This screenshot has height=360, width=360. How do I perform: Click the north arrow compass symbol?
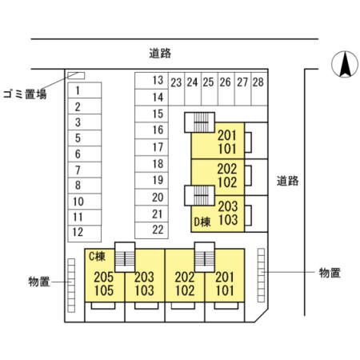click(x=345, y=65)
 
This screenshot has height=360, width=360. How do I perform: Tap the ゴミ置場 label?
click(x=24, y=94)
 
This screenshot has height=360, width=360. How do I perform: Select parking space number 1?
click(x=78, y=90)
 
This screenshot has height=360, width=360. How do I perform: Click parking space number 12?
click(x=78, y=232)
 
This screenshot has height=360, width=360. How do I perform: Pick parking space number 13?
click(x=158, y=81)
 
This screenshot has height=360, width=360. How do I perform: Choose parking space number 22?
click(x=158, y=229)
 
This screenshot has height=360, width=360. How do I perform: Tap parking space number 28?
click(x=258, y=82)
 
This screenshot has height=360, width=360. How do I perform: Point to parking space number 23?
click(x=176, y=82)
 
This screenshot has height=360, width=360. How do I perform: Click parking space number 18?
click(x=158, y=163)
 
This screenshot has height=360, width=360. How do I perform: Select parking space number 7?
click(x=78, y=170)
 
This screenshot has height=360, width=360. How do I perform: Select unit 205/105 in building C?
click(x=103, y=282)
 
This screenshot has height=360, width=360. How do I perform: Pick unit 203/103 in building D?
click(x=228, y=212)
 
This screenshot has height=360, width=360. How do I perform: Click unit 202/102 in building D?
click(x=227, y=175)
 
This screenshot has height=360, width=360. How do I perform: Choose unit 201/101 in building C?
click(x=224, y=282)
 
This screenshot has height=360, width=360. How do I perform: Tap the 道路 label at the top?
click(x=160, y=53)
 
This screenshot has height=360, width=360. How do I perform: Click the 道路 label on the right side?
click(x=288, y=181)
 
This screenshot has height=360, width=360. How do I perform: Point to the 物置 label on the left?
click(x=38, y=281)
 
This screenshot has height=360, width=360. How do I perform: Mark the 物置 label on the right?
click(x=330, y=273)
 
